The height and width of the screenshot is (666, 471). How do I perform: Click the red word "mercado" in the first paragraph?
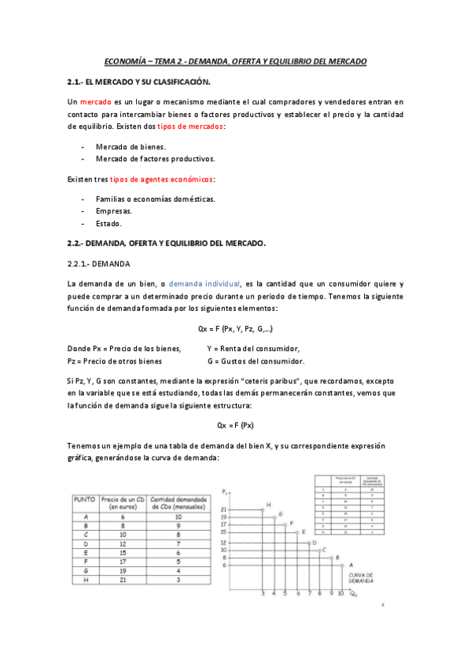[x=95, y=101]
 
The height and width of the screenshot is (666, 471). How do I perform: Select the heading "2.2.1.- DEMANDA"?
[x=99, y=263]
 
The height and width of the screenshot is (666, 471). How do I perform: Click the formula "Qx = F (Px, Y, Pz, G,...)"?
[x=236, y=328]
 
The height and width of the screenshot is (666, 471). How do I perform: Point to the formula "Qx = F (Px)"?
[x=236, y=425]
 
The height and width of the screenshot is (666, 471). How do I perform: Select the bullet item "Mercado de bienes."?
[x=131, y=147]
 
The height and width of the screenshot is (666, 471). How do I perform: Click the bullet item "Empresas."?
[x=114, y=211]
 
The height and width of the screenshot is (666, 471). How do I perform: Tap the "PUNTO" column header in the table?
[x=85, y=499]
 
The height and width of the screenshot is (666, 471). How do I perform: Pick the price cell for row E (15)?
[x=123, y=552]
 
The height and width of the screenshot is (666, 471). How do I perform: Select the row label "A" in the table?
[x=85, y=517]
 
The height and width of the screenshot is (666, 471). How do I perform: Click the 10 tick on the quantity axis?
[x=340, y=594]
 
